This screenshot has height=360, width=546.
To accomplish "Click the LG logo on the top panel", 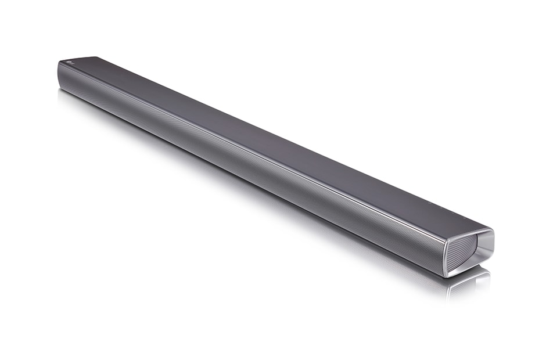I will pyautogui.click(x=70, y=62).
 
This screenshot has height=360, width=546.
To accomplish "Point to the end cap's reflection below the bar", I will pyautogui.click(x=468, y=285).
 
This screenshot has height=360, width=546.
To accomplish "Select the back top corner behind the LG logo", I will pyautogui.click(x=93, y=57).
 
